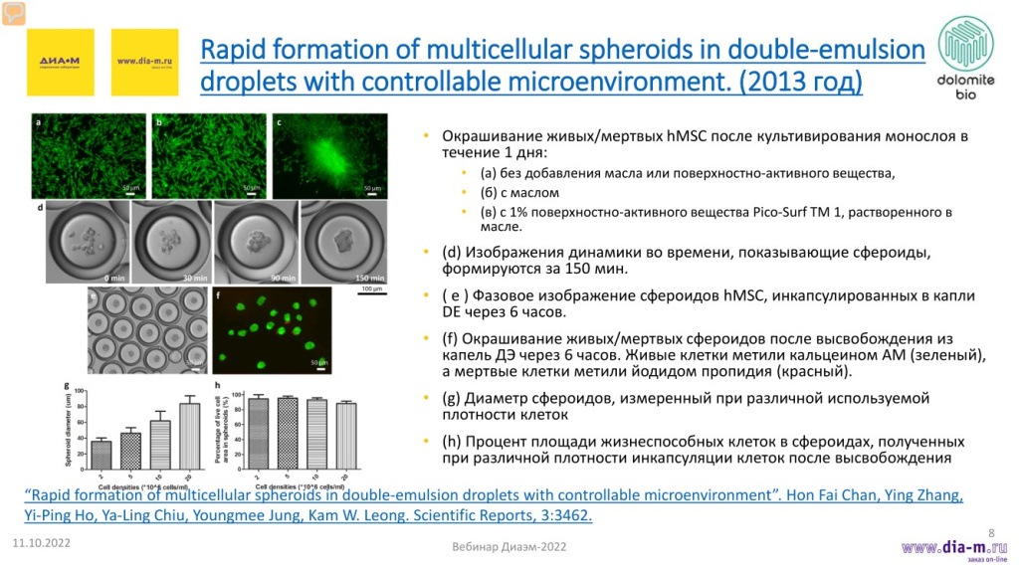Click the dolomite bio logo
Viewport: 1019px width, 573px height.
[962, 58]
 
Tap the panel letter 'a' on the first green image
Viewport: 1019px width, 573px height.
[38, 122]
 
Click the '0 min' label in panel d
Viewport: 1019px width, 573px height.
[113, 278]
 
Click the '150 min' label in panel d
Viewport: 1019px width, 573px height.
[368, 278]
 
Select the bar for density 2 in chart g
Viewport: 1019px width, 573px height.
[102, 447]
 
